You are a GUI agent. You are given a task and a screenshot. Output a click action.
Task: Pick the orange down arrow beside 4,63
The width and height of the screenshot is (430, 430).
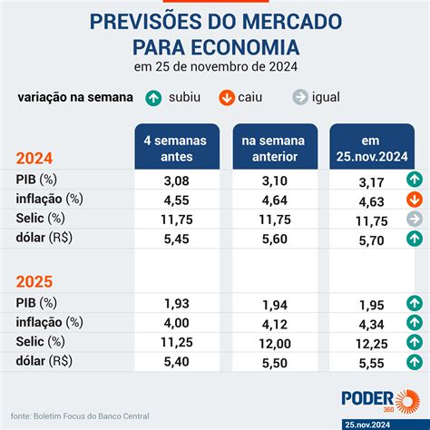[x=414, y=200]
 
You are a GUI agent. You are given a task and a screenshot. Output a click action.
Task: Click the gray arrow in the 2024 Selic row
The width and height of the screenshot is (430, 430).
[x=414, y=220]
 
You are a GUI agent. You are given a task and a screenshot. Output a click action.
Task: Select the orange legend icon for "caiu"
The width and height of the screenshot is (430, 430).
[x=227, y=97]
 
